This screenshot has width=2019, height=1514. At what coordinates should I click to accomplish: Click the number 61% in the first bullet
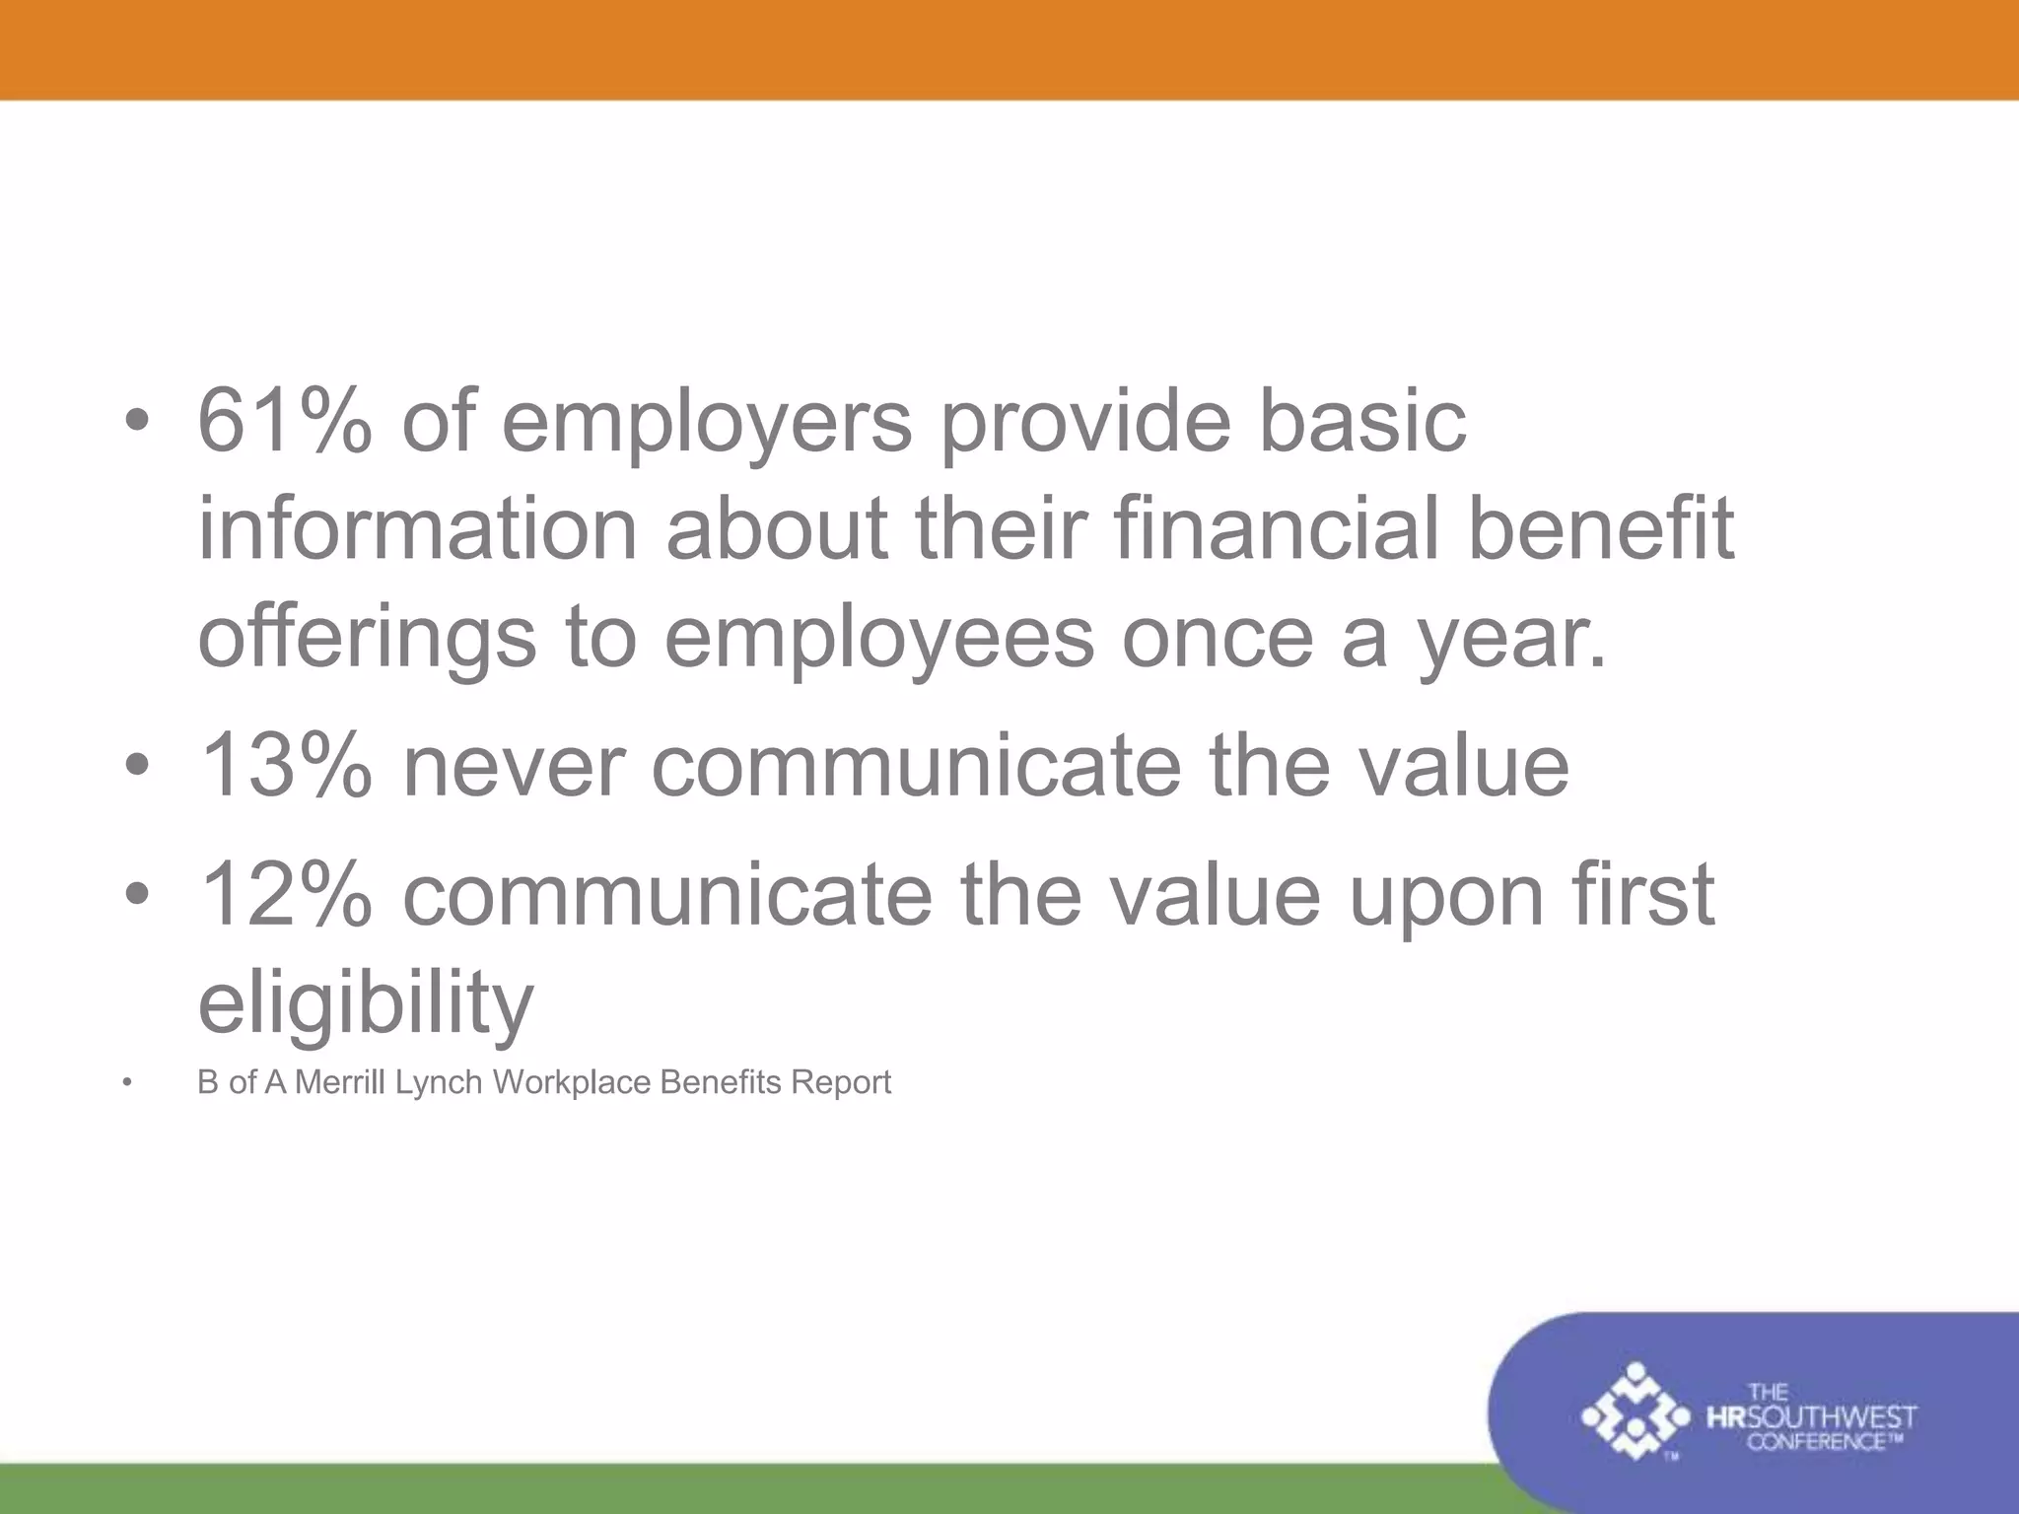pyautogui.click(x=285, y=421)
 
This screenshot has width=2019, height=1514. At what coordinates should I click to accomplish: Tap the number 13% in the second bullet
pyautogui.click(x=286, y=766)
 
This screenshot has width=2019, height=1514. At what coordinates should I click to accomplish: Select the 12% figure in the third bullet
pyautogui.click(x=286, y=894)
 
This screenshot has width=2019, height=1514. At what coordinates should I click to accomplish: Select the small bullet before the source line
pyautogui.click(x=126, y=1084)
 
